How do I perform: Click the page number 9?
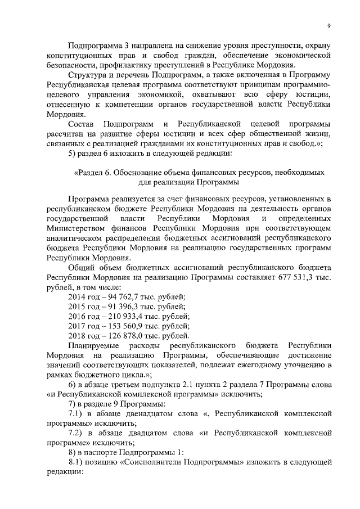point(330,25)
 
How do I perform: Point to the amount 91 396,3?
point(125,306)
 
